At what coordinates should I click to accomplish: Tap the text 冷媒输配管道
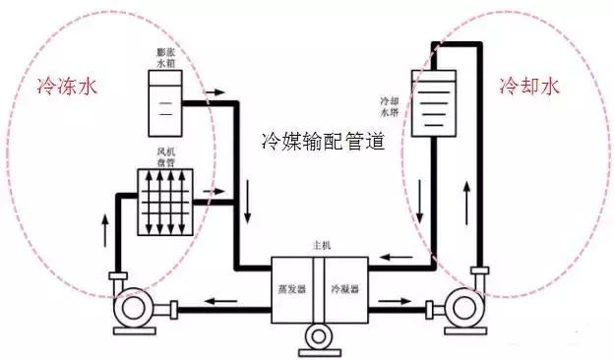[x=321, y=140]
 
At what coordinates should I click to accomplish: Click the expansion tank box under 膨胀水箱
[x=164, y=103]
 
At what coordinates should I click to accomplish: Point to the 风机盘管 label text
[x=164, y=157]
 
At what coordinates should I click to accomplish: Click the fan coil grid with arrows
[x=165, y=204]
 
